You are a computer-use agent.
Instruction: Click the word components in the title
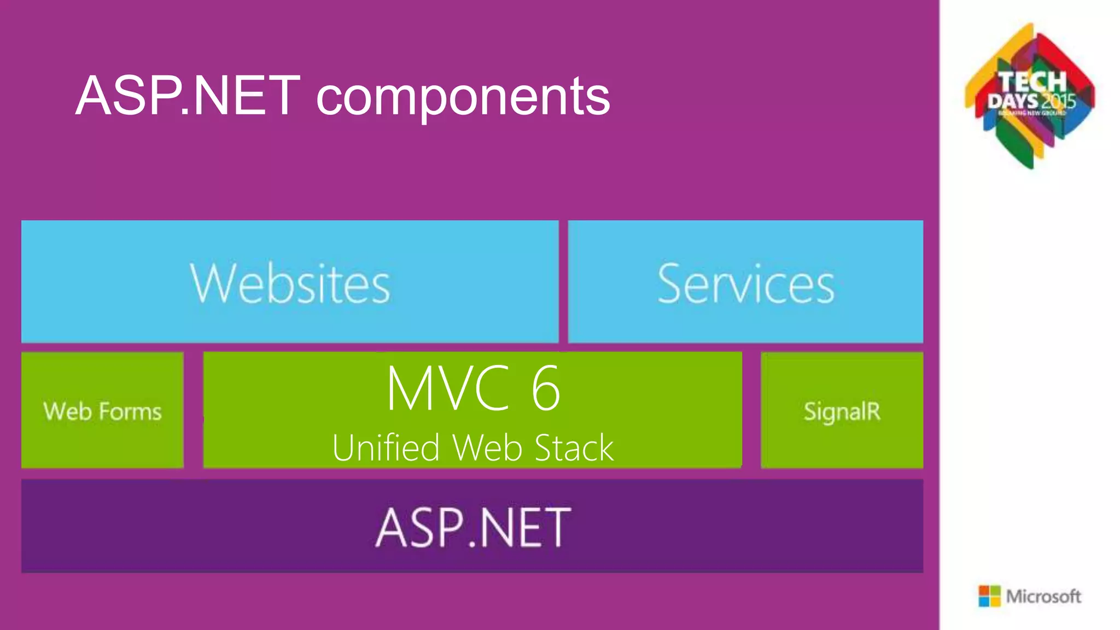[463, 97]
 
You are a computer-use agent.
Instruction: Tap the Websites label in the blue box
[290, 283]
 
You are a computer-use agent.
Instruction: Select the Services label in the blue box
[745, 283]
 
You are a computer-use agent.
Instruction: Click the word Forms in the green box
[131, 411]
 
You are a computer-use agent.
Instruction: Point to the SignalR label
[842, 411]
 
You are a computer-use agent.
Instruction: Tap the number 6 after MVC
[546, 388]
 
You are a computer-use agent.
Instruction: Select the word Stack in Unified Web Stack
[574, 448]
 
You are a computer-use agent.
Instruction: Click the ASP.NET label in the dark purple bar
[473, 527]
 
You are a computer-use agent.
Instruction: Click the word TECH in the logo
[1032, 82]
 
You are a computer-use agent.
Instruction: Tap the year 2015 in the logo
[1059, 102]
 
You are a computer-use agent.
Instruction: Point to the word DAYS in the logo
[1013, 102]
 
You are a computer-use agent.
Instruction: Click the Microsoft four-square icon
[989, 596]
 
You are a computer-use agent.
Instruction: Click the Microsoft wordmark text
[1043, 596]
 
